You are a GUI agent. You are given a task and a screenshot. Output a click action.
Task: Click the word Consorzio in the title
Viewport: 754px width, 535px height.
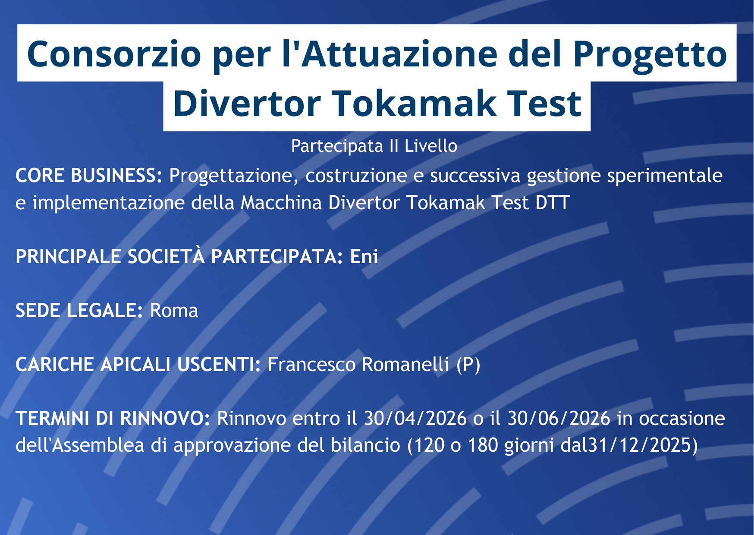pyautogui.click(x=114, y=54)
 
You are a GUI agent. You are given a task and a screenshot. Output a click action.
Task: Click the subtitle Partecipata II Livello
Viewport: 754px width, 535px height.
pyautogui.click(x=374, y=146)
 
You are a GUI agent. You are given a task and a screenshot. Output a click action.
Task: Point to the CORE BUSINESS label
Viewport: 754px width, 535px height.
pyautogui.click(x=89, y=176)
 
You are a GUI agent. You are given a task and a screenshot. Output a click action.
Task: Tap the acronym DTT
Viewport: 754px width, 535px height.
pyautogui.click(x=553, y=203)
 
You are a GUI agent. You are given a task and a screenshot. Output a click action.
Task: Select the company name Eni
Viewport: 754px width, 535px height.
pyautogui.click(x=364, y=257)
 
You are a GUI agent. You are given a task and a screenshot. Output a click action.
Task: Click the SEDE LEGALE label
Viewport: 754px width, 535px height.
pyautogui.click(x=79, y=311)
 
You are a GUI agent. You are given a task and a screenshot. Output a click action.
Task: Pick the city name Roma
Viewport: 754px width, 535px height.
pyautogui.click(x=174, y=311)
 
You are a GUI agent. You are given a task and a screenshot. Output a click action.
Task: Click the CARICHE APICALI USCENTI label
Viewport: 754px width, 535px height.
pyautogui.click(x=138, y=365)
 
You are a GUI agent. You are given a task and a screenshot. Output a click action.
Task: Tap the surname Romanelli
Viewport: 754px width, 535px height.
pyautogui.click(x=405, y=365)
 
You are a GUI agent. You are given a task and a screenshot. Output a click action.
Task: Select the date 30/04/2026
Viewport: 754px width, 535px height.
pyautogui.click(x=415, y=419)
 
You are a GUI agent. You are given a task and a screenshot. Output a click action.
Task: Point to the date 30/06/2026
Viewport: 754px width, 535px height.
pyautogui.click(x=559, y=419)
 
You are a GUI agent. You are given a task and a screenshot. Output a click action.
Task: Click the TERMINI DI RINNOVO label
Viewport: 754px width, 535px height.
pyautogui.click(x=113, y=419)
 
